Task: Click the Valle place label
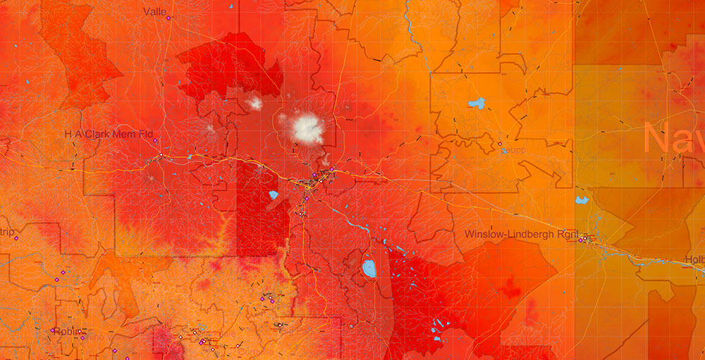pos(154,11)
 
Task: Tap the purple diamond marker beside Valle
pos(168,18)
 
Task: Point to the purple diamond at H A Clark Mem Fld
pos(155,141)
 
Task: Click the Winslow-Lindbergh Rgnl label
pos(518,234)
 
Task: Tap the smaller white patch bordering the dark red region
pos(255,104)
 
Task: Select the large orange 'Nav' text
pos(673,138)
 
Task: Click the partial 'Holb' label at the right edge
pos(694,259)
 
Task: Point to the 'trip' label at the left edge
pos(7,232)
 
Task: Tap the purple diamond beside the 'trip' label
pos(16,239)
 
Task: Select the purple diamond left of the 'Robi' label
pos(53,330)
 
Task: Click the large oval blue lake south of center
pos(369,268)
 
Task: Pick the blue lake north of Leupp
pos(477,104)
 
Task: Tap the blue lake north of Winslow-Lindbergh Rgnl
pos(582,200)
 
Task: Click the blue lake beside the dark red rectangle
pos(274,195)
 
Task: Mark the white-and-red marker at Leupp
pos(500,144)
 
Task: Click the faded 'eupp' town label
pos(517,150)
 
